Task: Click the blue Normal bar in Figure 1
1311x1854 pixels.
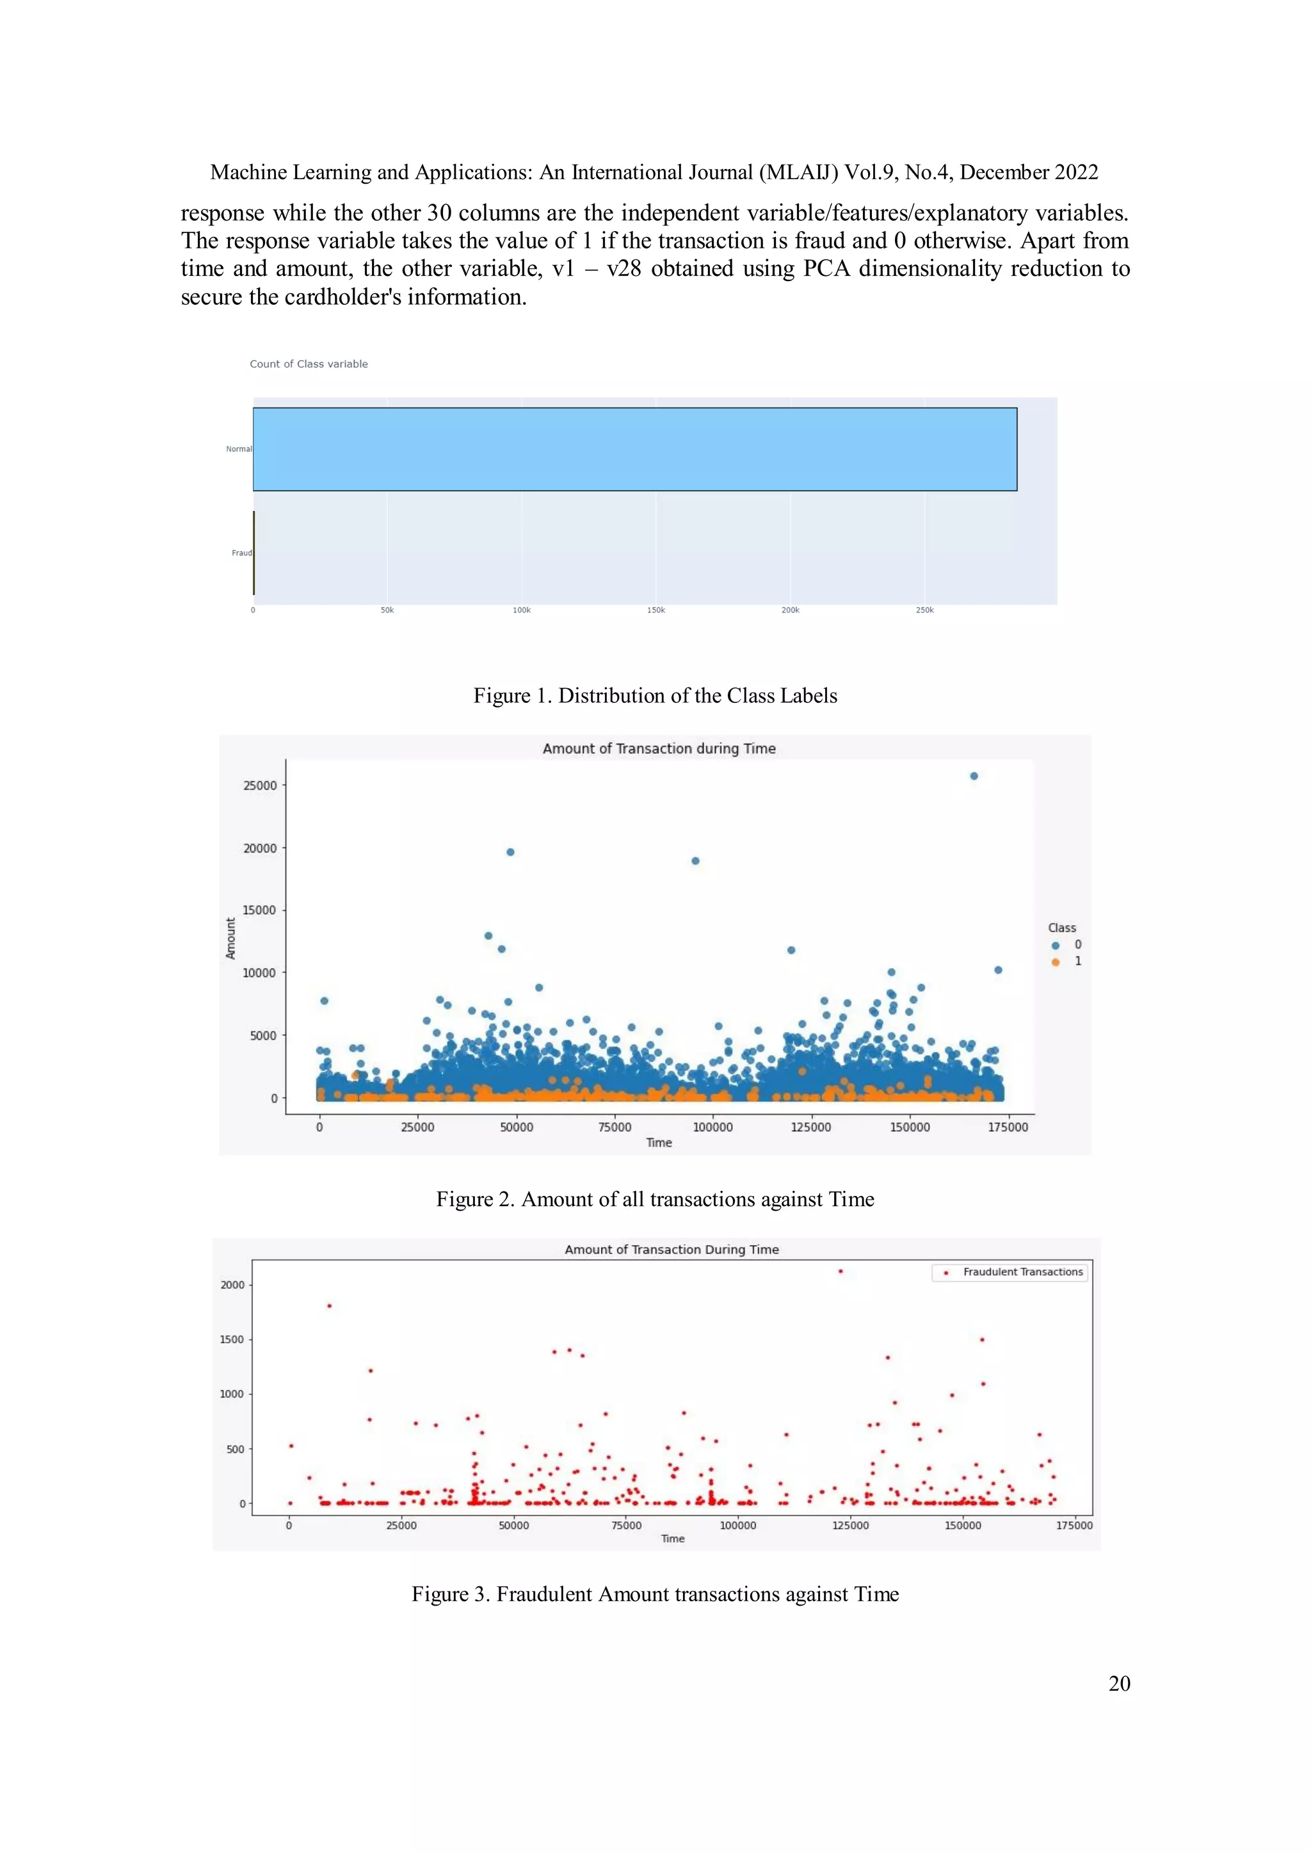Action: (634, 449)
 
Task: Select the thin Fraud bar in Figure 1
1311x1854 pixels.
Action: (254, 553)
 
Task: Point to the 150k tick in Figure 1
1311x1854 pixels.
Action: (655, 611)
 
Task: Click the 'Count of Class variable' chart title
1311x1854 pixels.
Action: (309, 364)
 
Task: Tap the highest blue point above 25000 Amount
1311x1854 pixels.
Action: (974, 776)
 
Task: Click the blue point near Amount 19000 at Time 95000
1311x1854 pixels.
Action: (695, 861)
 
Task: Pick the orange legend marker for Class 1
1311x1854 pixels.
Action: (1055, 962)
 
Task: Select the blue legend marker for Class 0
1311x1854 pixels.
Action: (1055, 945)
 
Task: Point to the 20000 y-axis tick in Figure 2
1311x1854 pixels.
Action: (260, 848)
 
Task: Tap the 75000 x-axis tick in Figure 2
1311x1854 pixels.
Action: (615, 1127)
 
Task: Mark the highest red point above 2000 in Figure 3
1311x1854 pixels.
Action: (840, 1271)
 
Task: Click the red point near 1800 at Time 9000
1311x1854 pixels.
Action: (328, 1306)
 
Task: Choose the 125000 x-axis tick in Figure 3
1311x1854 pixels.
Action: (850, 1526)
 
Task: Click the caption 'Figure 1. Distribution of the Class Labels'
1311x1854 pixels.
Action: (655, 695)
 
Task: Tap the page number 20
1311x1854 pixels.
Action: (1119, 1684)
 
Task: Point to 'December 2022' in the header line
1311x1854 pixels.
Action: (1029, 172)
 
